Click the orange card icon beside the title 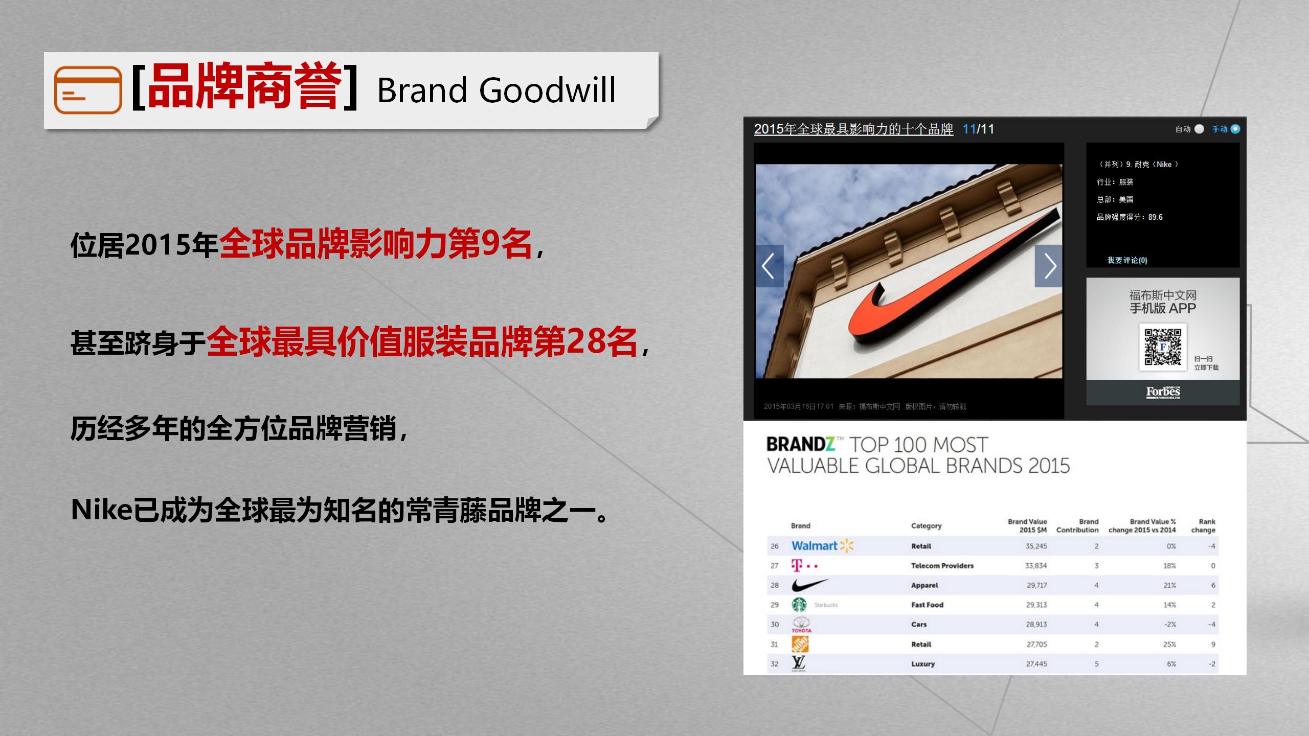click(x=88, y=90)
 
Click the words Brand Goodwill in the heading click(x=496, y=90)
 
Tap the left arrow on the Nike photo click(x=769, y=266)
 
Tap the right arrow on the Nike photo click(x=1049, y=266)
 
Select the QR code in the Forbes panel click(x=1162, y=347)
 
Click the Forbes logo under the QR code click(x=1163, y=392)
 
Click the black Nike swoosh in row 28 click(x=809, y=585)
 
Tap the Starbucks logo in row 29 click(x=799, y=605)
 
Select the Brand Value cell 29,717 click(x=1036, y=585)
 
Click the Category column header click(x=926, y=525)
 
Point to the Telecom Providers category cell click(x=942, y=566)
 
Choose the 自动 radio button click(x=1199, y=129)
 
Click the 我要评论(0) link click(x=1127, y=260)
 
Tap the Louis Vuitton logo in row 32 click(x=798, y=663)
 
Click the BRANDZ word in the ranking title click(x=801, y=444)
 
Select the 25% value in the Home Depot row click(x=1169, y=645)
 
